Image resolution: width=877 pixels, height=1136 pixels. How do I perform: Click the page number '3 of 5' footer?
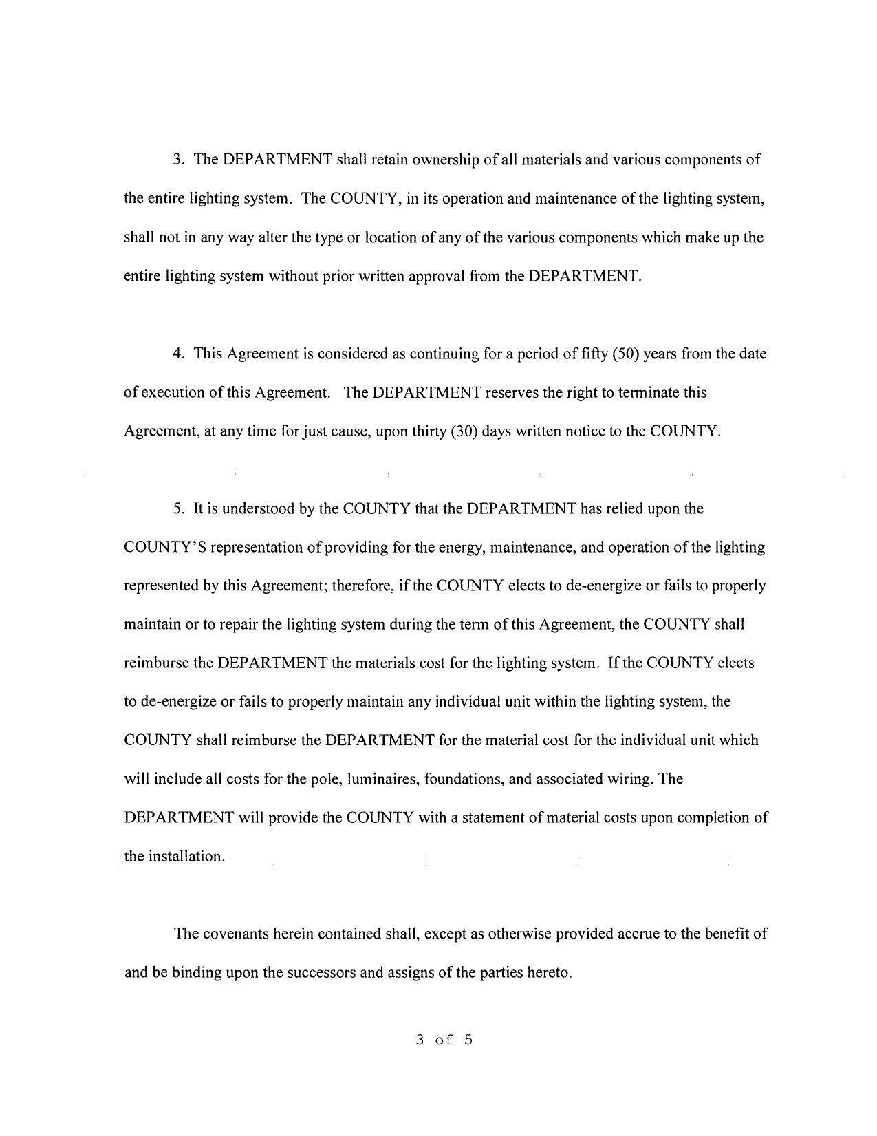444,1040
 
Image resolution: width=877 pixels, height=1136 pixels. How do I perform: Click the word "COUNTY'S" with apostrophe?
160,548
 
